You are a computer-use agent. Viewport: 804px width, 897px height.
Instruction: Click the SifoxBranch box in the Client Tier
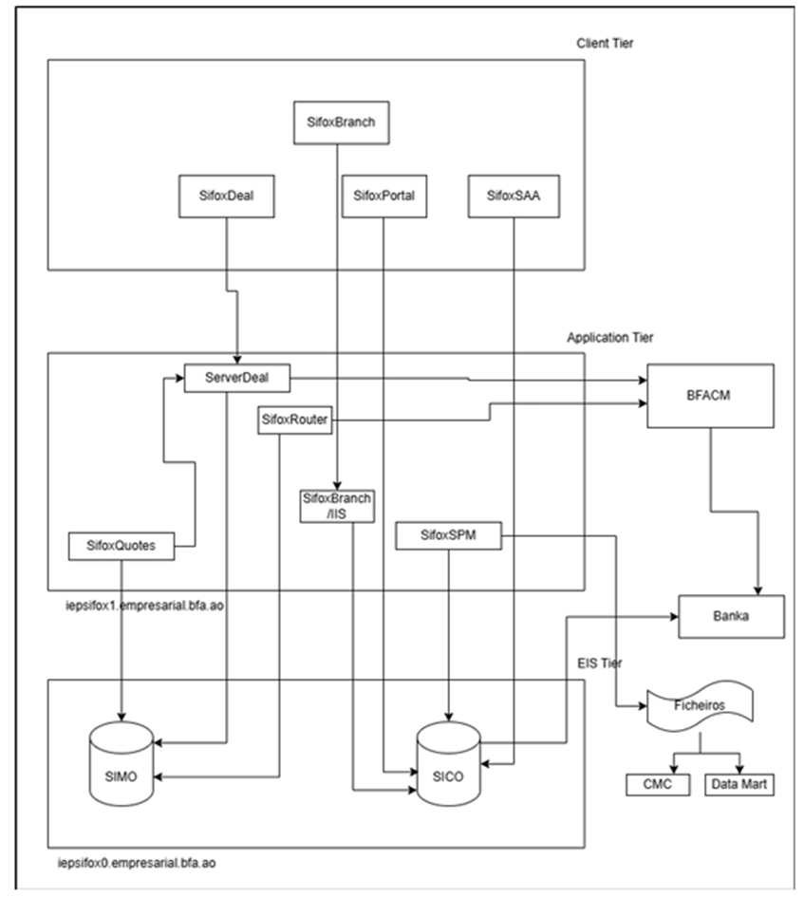coord(341,122)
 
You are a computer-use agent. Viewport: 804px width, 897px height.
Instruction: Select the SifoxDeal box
coord(227,196)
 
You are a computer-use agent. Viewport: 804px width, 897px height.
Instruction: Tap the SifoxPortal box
coord(384,196)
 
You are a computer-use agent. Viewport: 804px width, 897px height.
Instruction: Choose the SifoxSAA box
coord(514,196)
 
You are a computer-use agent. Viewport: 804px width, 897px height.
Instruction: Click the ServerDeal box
coord(237,378)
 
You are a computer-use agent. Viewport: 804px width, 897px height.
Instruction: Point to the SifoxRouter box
coord(294,420)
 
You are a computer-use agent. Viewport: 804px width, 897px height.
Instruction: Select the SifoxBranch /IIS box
coord(337,506)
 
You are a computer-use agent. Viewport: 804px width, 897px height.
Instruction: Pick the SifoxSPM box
coord(448,535)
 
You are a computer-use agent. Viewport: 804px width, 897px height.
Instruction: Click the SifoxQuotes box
coord(122,546)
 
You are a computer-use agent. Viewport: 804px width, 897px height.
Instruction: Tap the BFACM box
coord(710,396)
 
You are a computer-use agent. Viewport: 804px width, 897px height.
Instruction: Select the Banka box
coord(731,617)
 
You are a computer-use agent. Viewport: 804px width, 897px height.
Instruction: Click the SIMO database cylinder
coord(122,764)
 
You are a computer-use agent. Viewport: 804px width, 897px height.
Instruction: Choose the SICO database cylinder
coord(449,764)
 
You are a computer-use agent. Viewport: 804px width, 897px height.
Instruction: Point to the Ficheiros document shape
coord(700,706)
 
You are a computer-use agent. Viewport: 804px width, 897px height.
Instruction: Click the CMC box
coord(658,784)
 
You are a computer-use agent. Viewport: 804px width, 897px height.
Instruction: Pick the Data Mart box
coord(739,784)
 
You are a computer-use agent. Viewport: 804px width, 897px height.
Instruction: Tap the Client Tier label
coord(605,44)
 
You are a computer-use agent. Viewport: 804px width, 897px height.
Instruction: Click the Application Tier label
coord(610,338)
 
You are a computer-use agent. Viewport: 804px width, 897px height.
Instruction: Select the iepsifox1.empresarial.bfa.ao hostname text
coord(144,606)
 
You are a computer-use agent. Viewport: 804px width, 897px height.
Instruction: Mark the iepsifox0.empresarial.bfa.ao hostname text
coord(137,863)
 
